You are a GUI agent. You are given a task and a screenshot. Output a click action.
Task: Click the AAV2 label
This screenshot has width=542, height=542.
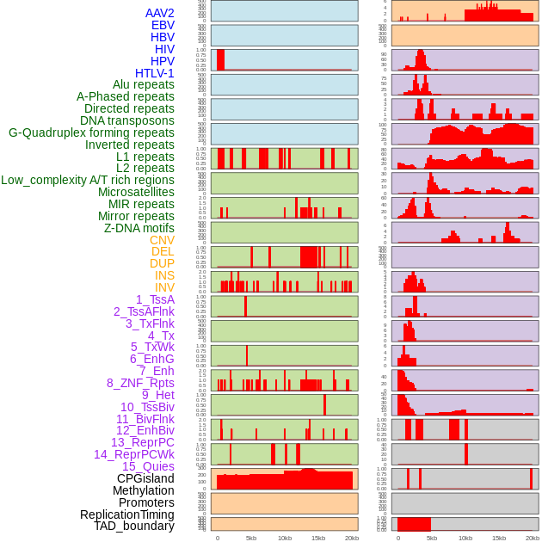[x=160, y=13]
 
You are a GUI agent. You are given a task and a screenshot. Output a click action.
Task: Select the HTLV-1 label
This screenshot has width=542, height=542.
[x=155, y=73]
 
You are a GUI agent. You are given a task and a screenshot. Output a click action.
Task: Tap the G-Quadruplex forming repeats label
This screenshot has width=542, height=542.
[x=91, y=132]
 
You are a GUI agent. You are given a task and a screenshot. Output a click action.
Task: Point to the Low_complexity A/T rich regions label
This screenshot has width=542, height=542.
[x=88, y=180]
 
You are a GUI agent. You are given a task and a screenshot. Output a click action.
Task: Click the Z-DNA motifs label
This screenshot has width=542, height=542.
[x=139, y=228]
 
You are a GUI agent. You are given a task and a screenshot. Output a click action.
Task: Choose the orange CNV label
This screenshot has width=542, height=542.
[x=162, y=240]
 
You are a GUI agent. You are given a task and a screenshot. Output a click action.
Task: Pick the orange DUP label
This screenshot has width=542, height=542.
[x=162, y=263]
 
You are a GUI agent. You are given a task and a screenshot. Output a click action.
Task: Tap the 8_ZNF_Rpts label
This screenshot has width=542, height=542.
[x=140, y=383]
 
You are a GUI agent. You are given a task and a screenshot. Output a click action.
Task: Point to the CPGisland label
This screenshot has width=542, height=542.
[x=145, y=478]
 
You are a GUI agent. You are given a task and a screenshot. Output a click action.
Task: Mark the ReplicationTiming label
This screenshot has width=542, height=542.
[x=127, y=514]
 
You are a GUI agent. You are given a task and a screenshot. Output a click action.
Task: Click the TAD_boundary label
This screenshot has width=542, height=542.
[x=134, y=526]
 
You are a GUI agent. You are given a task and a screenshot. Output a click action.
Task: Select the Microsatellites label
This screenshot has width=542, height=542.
[x=136, y=192]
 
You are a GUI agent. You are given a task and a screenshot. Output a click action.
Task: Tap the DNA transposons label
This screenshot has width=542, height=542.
[x=127, y=120]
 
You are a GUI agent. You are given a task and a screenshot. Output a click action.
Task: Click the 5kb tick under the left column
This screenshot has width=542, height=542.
[x=251, y=538]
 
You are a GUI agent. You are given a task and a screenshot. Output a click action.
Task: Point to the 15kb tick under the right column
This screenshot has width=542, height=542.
[x=499, y=538]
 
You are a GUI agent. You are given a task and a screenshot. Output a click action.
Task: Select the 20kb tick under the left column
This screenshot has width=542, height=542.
[x=352, y=538]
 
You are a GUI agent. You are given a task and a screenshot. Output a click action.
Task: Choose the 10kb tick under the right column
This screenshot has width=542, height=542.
[x=465, y=538]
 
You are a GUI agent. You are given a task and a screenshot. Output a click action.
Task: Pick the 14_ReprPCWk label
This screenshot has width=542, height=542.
[x=134, y=454]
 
